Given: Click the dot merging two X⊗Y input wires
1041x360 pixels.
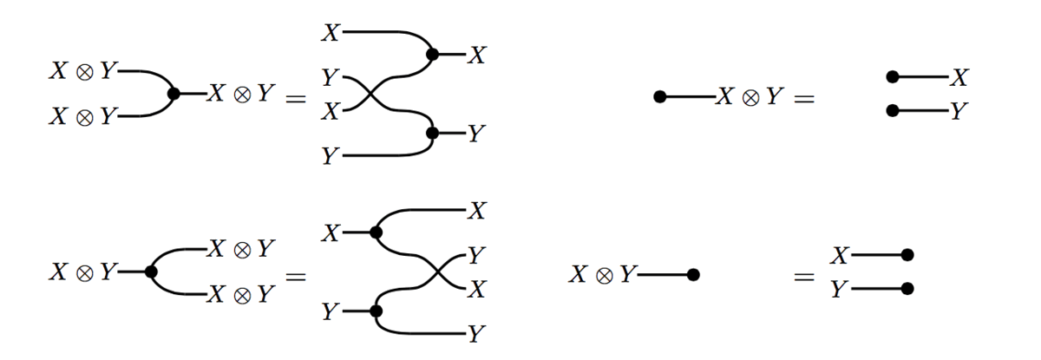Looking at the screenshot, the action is click(173, 94).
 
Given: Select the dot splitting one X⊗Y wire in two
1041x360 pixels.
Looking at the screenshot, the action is click(151, 272).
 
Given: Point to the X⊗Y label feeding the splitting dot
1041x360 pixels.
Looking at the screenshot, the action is click(82, 272).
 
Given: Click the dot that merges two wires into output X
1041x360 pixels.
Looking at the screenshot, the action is click(432, 55).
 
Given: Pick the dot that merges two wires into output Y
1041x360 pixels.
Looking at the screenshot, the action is click(432, 134).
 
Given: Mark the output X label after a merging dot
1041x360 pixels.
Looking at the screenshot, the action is click(476, 56).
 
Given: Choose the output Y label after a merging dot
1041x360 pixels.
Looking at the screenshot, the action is click(476, 134).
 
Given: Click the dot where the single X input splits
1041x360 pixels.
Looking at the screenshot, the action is click(376, 232).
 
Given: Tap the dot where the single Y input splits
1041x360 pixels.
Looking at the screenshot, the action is click(376, 310).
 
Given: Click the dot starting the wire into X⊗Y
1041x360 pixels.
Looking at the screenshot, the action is click(659, 97).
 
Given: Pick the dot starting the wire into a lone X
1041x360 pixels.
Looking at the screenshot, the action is click(892, 78).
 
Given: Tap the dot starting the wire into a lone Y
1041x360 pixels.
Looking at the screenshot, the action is click(892, 110).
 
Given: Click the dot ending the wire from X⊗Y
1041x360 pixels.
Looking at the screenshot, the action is click(692, 275).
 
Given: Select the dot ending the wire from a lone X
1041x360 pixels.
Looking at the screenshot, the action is click(907, 255).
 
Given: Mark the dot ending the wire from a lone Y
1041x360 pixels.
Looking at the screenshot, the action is click(907, 288).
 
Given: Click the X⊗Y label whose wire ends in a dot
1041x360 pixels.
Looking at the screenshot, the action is click(603, 275).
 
